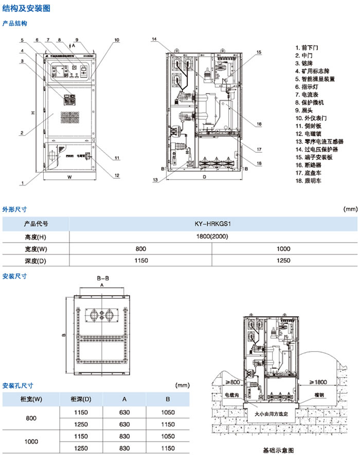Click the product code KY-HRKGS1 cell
(213, 224)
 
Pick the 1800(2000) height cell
(213, 236)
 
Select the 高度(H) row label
(35, 236)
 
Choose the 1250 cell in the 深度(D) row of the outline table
(284, 260)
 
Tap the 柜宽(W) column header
(31, 399)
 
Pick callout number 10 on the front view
(117, 40)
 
